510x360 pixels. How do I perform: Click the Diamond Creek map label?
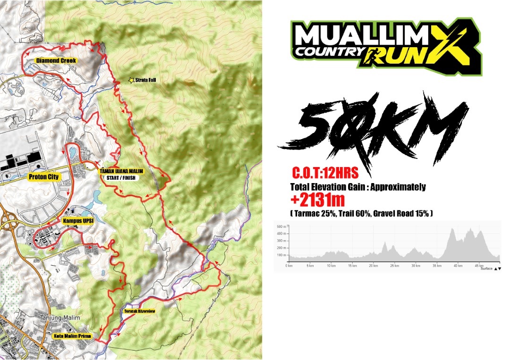coord(56,60)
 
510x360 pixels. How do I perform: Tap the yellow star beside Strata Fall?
coord(131,81)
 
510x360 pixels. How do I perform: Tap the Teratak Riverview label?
coord(139,311)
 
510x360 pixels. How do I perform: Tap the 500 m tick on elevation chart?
coord(281,227)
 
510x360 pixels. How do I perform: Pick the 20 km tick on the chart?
coord(374,266)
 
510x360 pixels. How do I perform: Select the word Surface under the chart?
coord(486,268)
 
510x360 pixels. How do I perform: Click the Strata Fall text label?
coord(145,80)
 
